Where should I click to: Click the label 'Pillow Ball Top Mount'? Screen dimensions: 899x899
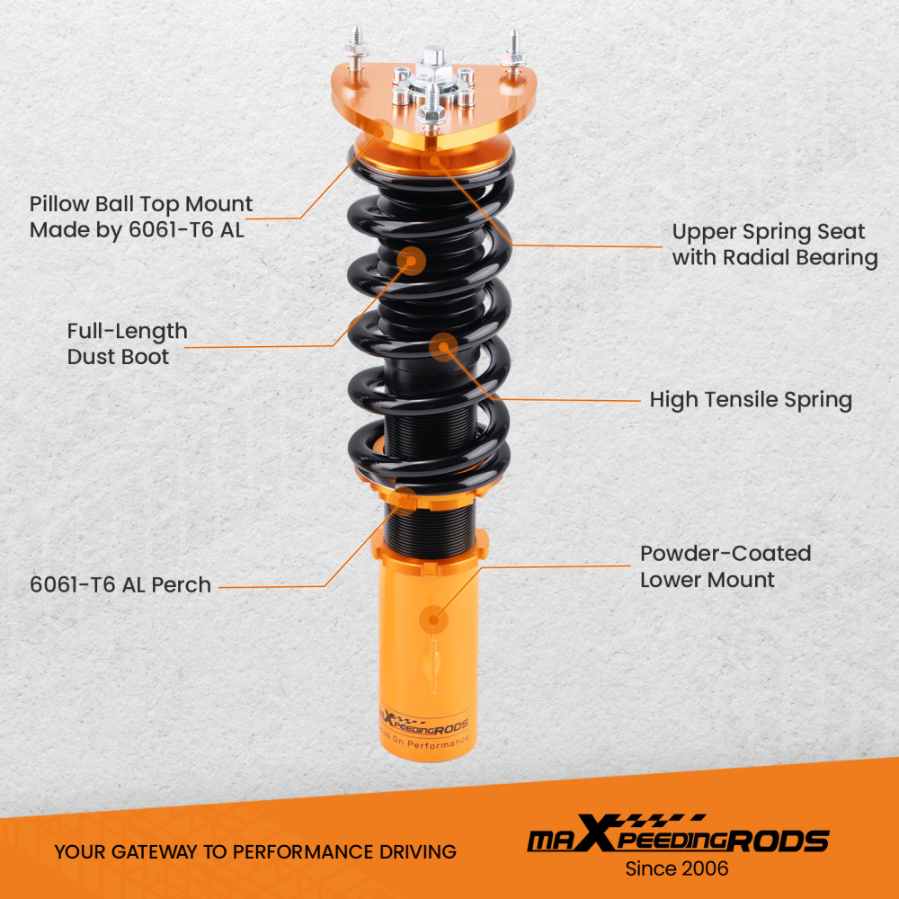[141, 205]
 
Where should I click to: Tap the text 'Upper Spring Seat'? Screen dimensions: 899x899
[768, 232]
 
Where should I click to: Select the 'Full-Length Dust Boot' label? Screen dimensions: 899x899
[127, 343]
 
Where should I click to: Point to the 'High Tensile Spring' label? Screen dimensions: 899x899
[751, 399]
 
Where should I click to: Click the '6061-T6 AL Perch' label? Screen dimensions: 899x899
[120, 584]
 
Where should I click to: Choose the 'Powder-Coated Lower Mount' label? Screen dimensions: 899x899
[725, 566]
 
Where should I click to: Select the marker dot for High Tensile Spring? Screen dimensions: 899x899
[443, 346]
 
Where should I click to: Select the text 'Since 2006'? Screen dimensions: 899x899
[676, 868]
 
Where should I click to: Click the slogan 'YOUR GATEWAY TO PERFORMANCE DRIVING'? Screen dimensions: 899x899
[254, 851]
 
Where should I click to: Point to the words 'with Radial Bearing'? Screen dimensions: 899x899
[774, 258]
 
